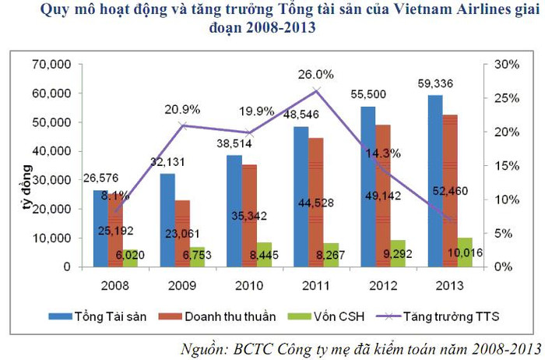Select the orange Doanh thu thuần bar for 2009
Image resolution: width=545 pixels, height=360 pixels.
coord(182,233)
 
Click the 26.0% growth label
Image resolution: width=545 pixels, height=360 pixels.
coord(317,75)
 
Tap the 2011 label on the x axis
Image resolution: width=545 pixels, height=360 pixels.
coord(317,284)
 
